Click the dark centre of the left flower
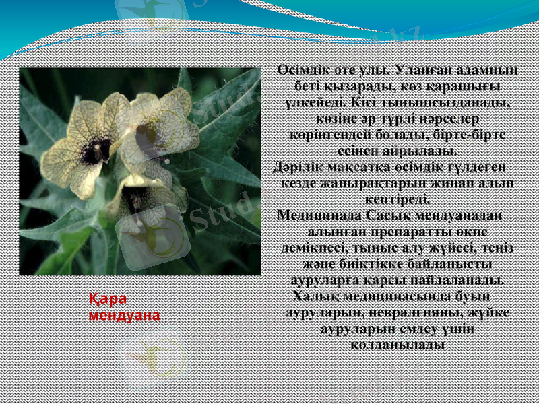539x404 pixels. [95, 150]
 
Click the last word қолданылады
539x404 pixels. [397, 345]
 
